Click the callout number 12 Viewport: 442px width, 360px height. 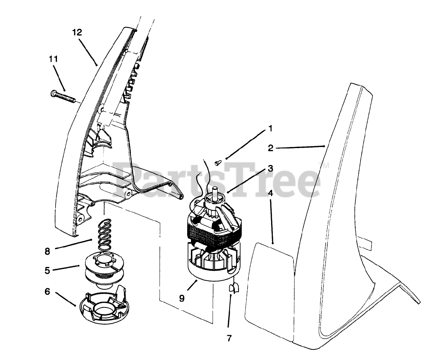[x=77, y=32]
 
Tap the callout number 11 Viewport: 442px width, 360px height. [x=53, y=59]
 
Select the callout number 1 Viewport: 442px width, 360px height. [x=270, y=129]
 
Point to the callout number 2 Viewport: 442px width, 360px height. [x=270, y=148]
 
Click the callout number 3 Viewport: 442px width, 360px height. [x=270, y=169]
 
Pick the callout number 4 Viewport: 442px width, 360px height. [x=271, y=193]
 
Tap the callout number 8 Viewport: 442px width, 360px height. [x=47, y=251]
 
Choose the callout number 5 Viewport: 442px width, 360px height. [x=47, y=270]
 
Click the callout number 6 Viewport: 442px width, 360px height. [x=47, y=292]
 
